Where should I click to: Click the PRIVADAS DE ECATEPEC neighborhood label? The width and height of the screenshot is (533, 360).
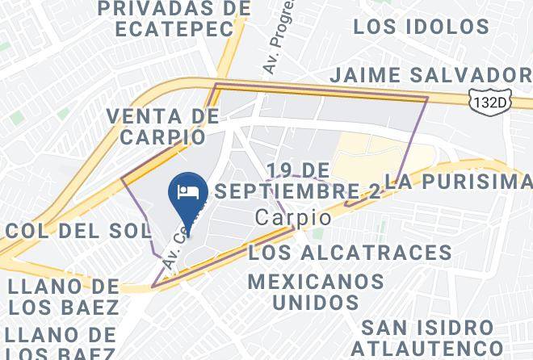click(174, 18)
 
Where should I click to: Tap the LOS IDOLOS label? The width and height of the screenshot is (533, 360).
click(422, 26)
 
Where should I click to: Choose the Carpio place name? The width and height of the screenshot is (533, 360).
click(292, 218)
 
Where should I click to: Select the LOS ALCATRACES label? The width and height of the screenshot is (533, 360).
click(350, 252)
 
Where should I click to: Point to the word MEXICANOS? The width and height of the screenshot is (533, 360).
click(316, 282)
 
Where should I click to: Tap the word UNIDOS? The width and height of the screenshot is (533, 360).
click(316, 303)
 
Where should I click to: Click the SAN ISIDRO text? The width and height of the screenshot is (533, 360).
click(426, 328)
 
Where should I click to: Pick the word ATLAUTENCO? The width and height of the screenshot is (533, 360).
click(426, 349)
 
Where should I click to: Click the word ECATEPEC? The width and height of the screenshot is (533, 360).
click(174, 27)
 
